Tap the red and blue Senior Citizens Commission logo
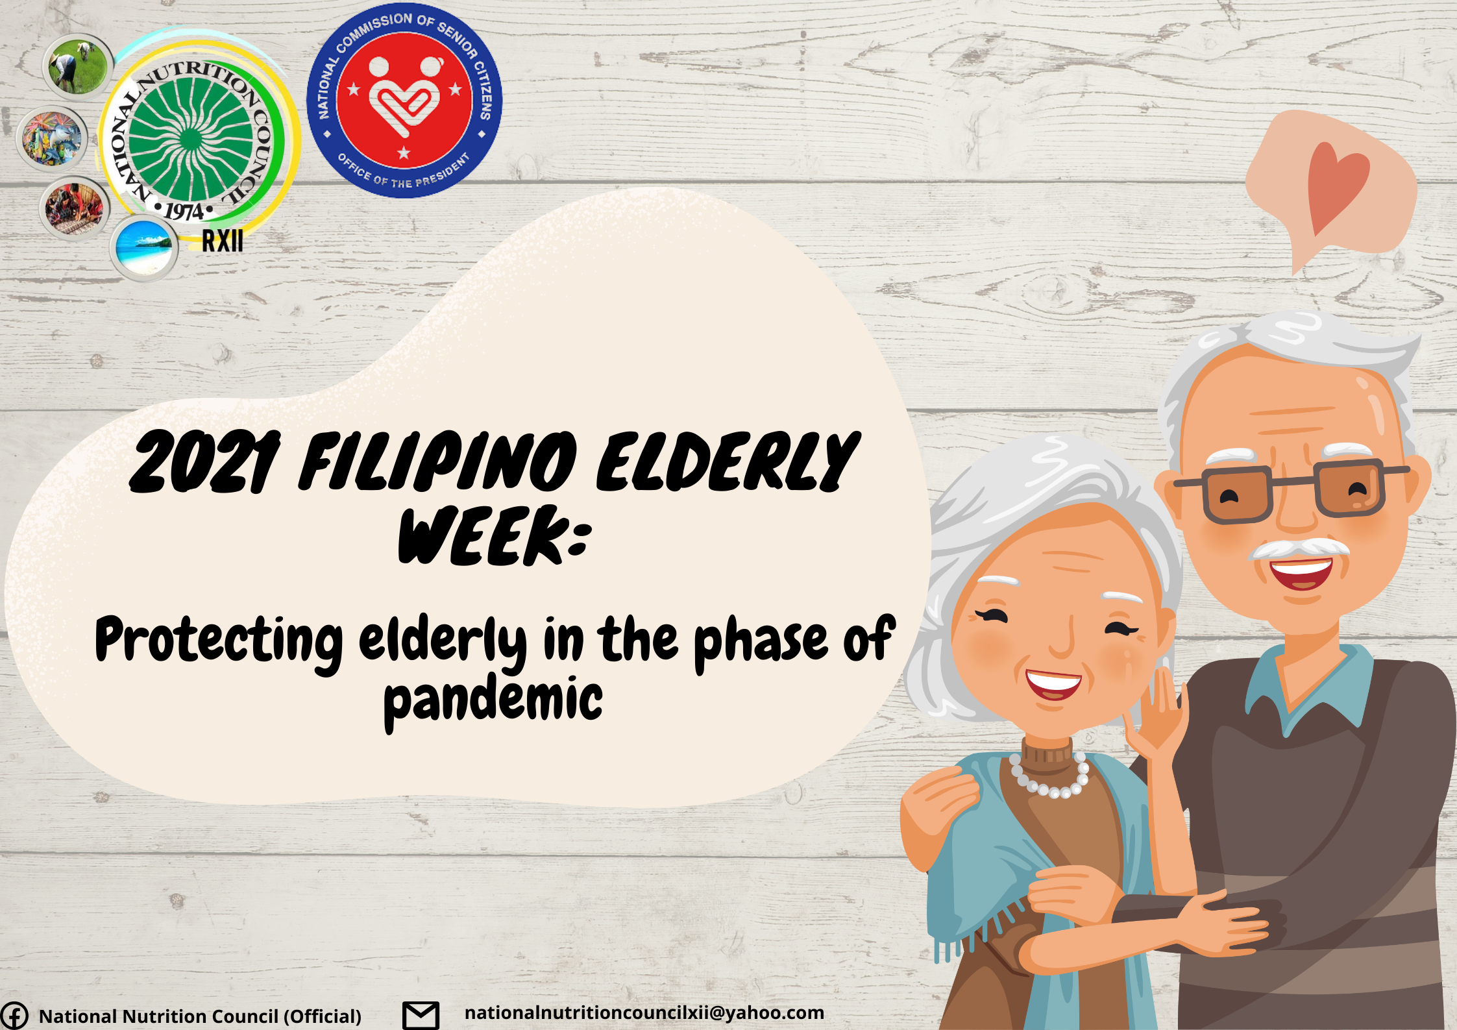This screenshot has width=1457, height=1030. [404, 101]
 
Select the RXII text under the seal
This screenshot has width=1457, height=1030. [223, 241]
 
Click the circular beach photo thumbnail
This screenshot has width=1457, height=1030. [144, 248]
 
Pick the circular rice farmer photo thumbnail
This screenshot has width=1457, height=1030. [78, 66]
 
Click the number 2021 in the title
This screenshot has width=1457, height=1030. [204, 462]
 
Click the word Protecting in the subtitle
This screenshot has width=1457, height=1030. [219, 641]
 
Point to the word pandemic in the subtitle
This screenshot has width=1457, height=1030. [493, 701]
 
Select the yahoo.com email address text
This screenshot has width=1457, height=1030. [644, 1013]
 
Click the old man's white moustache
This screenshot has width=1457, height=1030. [1299, 549]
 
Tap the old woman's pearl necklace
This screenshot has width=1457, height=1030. [1049, 777]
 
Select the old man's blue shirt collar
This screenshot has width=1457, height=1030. [1311, 688]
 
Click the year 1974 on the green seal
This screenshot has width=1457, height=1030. [184, 212]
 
